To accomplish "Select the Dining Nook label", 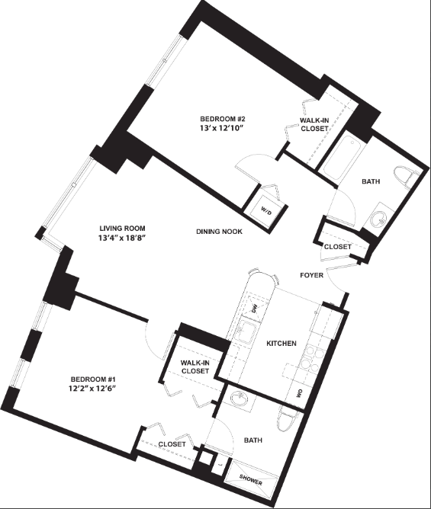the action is (x=219, y=232).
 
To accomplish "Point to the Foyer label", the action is (x=312, y=275).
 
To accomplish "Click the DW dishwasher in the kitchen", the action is (x=254, y=307).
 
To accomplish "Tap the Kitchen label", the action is (x=281, y=343).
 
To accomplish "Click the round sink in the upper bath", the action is (x=378, y=219).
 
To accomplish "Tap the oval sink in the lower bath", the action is (x=240, y=399).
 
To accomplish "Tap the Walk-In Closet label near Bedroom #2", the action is (x=314, y=125).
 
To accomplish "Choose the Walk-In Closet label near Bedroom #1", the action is (x=195, y=367).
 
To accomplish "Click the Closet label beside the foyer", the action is (x=338, y=247).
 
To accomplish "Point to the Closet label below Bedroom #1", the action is (x=172, y=444).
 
